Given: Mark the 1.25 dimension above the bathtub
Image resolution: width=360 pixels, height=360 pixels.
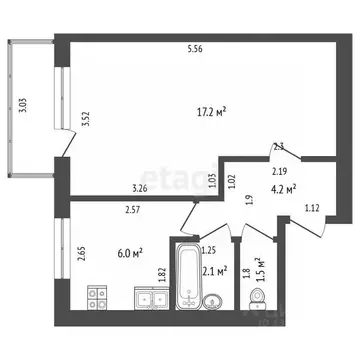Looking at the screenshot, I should click(x=209, y=250).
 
